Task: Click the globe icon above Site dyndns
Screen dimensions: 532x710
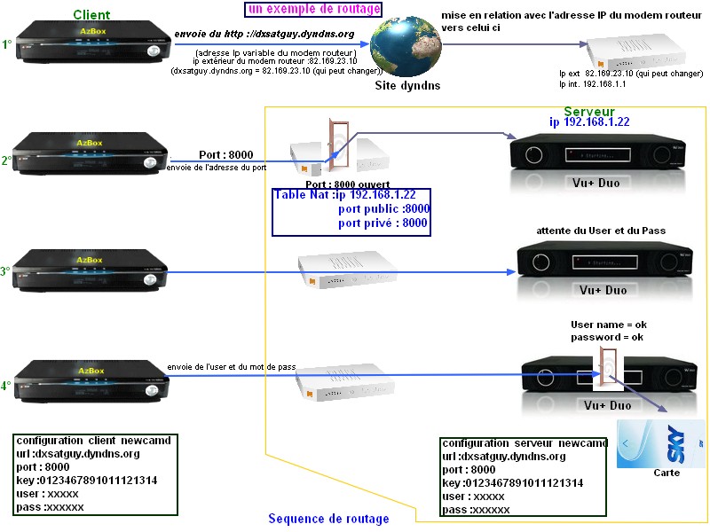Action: pos(404,49)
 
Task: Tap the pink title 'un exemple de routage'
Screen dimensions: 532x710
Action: pos(313,10)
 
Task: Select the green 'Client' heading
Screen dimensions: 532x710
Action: pos(91,15)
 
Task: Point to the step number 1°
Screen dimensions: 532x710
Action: pos(8,43)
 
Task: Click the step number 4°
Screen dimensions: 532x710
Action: pos(6,386)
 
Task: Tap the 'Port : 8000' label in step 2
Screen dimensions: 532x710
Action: pos(225,153)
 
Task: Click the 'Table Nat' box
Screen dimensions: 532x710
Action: pos(351,211)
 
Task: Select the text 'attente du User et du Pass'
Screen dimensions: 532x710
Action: pos(601,231)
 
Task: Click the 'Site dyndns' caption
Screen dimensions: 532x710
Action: pos(406,86)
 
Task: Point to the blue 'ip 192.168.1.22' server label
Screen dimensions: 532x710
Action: pos(589,121)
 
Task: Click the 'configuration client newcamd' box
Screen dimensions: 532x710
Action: pos(94,474)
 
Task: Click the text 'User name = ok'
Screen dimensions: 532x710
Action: pos(608,325)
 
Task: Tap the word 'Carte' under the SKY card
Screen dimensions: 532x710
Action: pos(666,473)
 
